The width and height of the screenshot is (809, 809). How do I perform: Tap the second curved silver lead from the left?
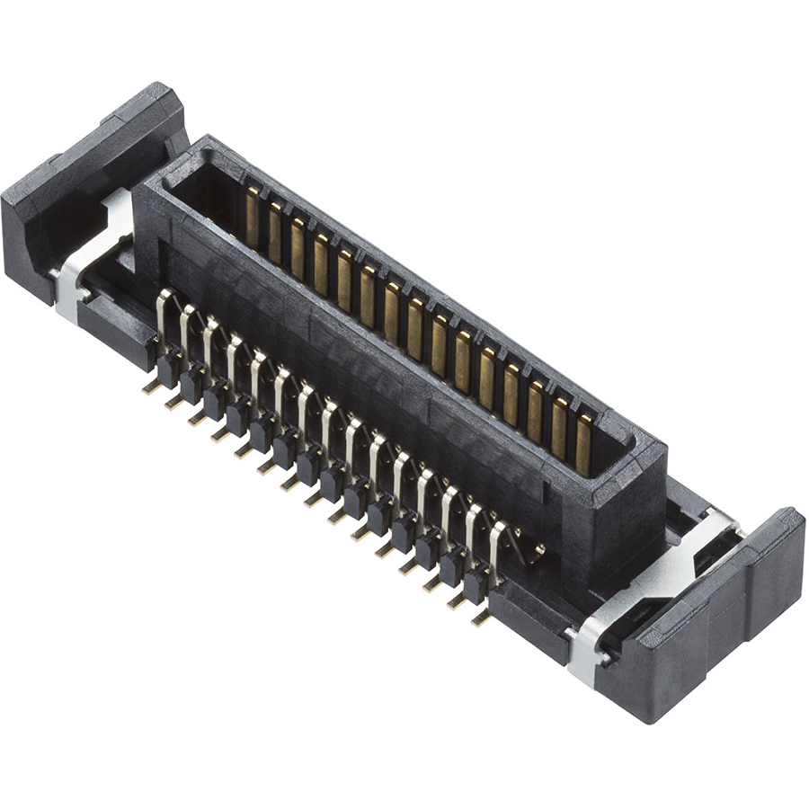pos(186,328)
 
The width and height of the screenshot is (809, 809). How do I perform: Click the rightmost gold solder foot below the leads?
pos(481,618)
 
